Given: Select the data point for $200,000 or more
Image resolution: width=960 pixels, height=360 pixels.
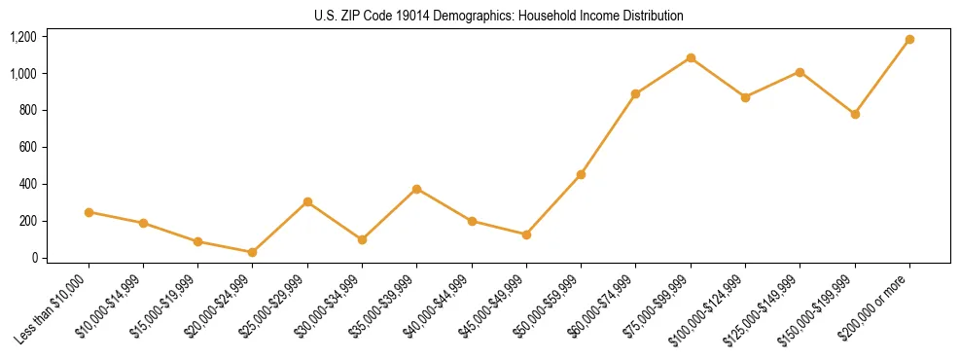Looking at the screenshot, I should coord(909,40).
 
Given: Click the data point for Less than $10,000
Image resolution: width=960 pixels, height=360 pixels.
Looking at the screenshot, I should coord(89,212).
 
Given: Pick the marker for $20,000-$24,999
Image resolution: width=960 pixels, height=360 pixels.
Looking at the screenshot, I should coord(253,252).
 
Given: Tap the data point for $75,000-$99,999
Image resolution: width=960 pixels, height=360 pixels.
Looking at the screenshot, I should coord(691,58).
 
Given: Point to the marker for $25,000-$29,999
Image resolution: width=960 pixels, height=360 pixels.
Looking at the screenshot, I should coord(307,202).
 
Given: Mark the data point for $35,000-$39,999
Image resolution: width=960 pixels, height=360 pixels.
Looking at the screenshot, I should coord(416,189).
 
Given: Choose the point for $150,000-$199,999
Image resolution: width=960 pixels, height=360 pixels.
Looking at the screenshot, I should coord(855,114).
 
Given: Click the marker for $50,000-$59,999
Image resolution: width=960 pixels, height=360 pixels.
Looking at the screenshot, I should coord(581,175).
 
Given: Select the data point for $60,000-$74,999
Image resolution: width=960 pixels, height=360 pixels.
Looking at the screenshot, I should coord(635,94).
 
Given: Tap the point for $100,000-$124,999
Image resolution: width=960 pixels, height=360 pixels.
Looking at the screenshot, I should coord(745,97).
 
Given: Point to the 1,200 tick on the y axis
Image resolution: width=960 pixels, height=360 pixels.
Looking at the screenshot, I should coord(22,37).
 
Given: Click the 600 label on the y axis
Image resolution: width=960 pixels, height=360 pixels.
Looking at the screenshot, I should coord(27,147).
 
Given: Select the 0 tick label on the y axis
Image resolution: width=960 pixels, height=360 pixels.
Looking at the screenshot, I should coord(34,258).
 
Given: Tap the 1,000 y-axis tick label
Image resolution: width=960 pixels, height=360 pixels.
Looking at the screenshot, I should coord(22,74).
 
